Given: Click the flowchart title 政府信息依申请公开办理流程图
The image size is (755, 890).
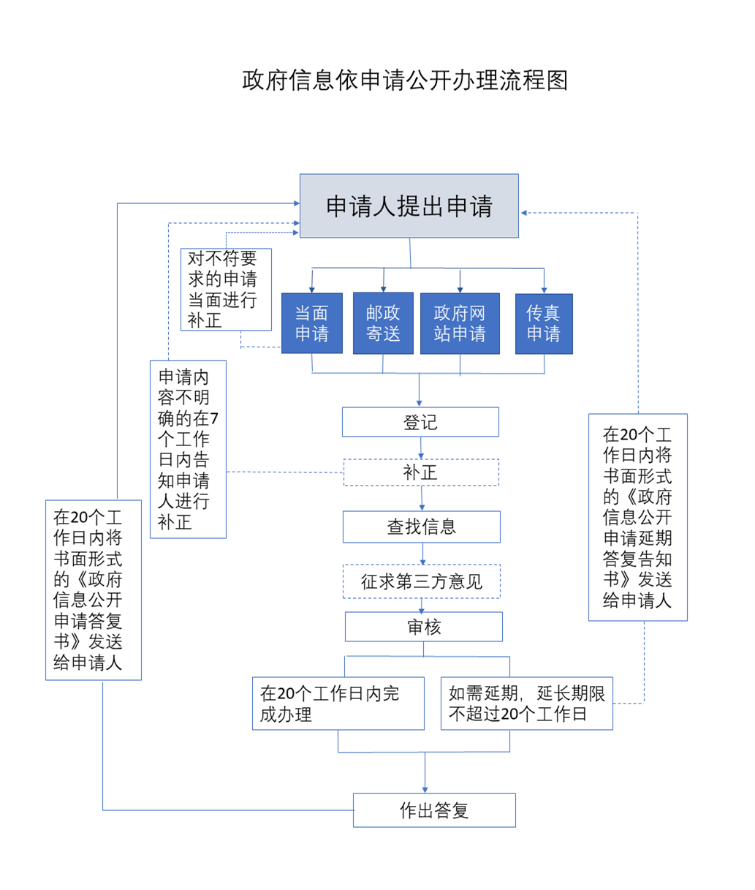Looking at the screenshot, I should (x=405, y=80).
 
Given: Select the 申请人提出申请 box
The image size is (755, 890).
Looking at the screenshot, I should (x=409, y=206).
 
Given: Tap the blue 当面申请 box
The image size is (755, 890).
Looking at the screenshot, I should (x=312, y=323).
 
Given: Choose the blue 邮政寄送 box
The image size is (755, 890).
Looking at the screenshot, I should (x=383, y=323).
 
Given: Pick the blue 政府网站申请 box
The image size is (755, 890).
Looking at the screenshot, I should (x=460, y=323).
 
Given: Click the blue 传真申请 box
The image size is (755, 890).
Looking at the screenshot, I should (x=544, y=323).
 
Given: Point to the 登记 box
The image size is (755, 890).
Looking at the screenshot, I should (x=420, y=422).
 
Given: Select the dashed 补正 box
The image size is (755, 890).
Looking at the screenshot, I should (x=421, y=472).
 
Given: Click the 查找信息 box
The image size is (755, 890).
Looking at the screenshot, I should (x=422, y=527).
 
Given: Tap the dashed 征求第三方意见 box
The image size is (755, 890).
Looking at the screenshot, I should (x=422, y=581).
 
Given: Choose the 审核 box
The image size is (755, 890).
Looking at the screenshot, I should (x=424, y=627).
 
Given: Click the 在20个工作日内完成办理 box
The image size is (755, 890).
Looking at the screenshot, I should (x=338, y=704).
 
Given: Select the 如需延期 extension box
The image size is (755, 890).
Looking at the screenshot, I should (x=526, y=704).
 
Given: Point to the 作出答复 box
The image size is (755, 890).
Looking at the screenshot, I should (x=434, y=810).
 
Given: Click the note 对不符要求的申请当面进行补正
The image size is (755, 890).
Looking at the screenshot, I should (x=226, y=290).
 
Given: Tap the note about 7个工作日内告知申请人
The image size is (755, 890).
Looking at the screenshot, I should (x=188, y=449).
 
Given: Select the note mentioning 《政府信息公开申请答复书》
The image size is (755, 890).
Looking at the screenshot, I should (x=94, y=589).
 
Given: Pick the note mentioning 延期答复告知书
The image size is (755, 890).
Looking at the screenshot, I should (x=638, y=517).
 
